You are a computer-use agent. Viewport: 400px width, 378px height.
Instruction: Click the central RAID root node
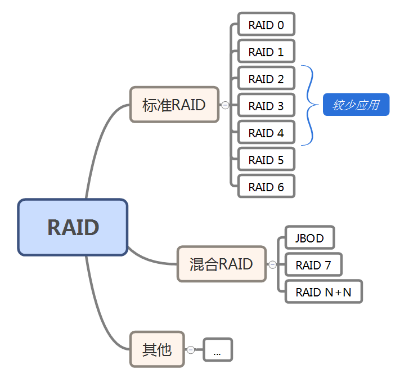pyautogui.click(x=73, y=227)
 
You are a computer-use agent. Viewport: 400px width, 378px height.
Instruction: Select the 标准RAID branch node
pyautogui.click(x=174, y=105)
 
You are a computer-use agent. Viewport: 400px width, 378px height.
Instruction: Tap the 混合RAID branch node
pyautogui.click(x=221, y=264)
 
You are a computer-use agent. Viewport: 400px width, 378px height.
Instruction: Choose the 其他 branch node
pyautogui.click(x=157, y=349)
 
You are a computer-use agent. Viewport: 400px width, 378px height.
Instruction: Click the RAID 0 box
pyautogui.click(x=266, y=25)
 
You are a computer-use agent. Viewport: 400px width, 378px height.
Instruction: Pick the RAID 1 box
pyautogui.click(x=266, y=52)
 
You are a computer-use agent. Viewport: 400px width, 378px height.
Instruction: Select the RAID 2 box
pyautogui.click(x=266, y=79)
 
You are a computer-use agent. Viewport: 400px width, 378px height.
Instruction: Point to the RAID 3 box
pyautogui.click(x=266, y=106)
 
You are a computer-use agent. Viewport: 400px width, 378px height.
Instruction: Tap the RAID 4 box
pyautogui.click(x=266, y=133)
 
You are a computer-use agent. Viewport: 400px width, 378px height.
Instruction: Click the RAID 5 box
pyautogui.click(x=266, y=160)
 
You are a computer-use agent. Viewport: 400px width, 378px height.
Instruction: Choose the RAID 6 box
pyautogui.click(x=266, y=187)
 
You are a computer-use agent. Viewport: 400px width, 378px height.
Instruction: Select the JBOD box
pyautogui.click(x=309, y=238)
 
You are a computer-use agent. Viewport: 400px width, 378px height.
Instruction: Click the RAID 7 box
pyautogui.click(x=313, y=265)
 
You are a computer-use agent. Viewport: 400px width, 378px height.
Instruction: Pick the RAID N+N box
pyautogui.click(x=323, y=292)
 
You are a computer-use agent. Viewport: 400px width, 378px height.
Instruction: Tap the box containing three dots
pyautogui.click(x=217, y=350)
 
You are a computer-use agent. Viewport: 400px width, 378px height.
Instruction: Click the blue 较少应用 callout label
pyautogui.click(x=356, y=105)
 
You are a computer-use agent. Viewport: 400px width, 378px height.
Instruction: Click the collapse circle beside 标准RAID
pyautogui.click(x=225, y=105)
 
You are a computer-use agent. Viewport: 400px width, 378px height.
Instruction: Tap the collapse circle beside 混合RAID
pyautogui.click(x=272, y=264)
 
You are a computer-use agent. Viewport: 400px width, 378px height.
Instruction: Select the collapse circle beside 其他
pyautogui.click(x=191, y=350)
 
